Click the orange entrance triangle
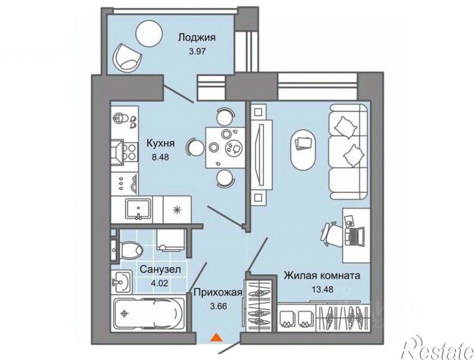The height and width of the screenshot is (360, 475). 216,338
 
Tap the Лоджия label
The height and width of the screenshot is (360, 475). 197,37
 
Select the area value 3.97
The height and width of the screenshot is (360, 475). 197,51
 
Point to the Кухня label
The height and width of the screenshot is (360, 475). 161,143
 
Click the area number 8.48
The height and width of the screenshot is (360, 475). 161,157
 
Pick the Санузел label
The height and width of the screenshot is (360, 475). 161,270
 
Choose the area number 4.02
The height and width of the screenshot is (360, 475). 159,283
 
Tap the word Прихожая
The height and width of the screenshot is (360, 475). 218,292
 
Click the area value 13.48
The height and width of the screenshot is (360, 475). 322,289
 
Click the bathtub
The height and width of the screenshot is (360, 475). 149,313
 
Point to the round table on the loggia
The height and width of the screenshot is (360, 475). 149,33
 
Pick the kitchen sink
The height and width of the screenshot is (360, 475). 138,209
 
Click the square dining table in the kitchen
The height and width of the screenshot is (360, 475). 225,148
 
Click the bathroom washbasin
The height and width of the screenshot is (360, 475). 121,282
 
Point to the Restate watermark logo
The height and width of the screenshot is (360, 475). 438,348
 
